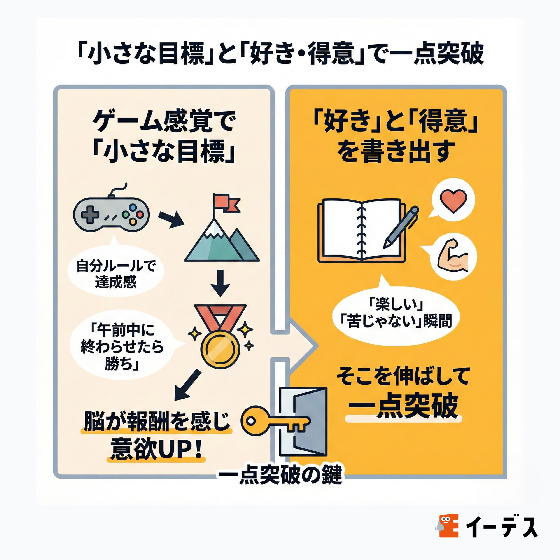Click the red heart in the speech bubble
click(x=453, y=201)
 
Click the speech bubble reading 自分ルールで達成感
click(x=116, y=274)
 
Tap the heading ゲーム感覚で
click(x=164, y=122)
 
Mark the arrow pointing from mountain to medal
click(x=220, y=283)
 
